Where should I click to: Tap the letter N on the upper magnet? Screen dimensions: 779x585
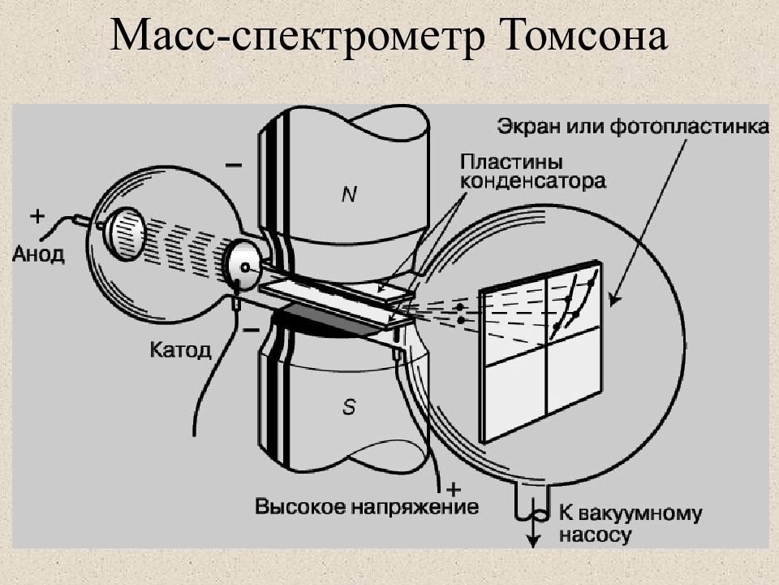pos(349,194)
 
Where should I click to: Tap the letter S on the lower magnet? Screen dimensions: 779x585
pos(349,407)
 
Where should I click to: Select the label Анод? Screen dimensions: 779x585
pos(38,254)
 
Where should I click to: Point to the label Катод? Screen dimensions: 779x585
pos(180,350)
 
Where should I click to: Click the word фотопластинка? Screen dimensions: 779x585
pos(689,126)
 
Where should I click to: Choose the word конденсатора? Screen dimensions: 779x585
pos(532,180)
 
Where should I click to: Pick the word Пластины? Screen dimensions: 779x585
pos(511,162)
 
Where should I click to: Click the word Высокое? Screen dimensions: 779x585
pos(299,507)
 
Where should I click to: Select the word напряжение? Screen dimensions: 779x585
pos(415,507)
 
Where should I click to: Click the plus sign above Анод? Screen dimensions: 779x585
pos(37,216)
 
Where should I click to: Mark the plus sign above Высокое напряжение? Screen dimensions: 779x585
pos(453,489)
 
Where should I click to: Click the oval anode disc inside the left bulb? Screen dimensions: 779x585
pos(127,234)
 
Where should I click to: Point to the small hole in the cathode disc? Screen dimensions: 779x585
pos(245,267)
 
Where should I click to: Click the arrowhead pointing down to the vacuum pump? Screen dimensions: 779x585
pos(533,541)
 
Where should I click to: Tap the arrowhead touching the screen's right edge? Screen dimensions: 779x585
pos(614,300)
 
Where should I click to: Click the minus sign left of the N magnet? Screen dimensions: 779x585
pos(234,164)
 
